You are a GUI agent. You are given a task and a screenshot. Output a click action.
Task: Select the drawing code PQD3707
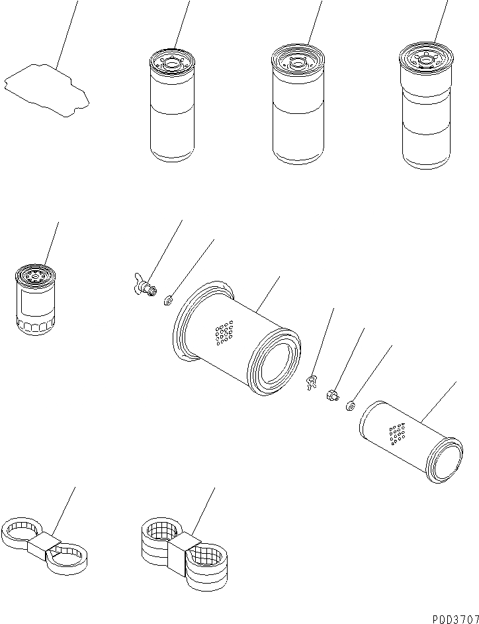coord(455,619)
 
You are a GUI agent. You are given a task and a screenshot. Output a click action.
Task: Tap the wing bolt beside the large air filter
coord(144,285)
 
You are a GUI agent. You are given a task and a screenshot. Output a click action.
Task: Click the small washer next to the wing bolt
coord(169,300)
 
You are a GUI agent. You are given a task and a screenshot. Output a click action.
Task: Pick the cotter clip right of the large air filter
coord(312,382)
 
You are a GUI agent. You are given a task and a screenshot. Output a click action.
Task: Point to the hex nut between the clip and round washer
coord(332,395)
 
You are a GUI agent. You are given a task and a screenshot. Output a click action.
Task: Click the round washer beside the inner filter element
coord(350,406)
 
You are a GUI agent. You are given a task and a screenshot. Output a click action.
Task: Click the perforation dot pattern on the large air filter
coord(224,333)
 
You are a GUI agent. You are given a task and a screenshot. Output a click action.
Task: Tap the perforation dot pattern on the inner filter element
coord(398,434)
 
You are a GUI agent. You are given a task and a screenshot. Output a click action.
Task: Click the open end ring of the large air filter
coord(274,361)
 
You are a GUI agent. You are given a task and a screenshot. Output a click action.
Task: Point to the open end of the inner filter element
coord(444,460)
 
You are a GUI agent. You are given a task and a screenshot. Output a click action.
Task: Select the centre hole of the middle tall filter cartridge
coord(297,61)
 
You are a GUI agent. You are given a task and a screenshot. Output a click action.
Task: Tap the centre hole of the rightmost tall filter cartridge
coord(425,60)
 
